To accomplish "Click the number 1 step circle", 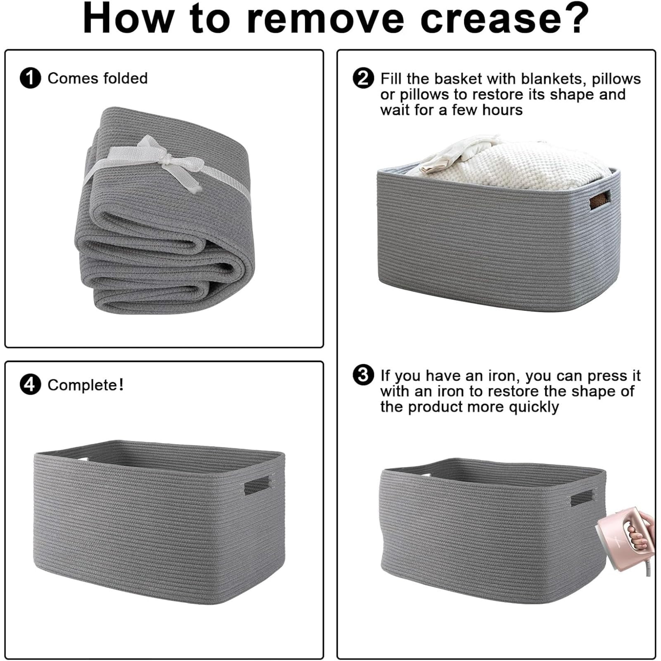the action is pos(30,78).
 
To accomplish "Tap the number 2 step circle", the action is pos(363,78).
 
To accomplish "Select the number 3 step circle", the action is pos(363,375).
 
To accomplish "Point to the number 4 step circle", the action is pos(30,385).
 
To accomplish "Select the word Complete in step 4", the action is pos(82,385).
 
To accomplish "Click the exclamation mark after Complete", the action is pos(121,384).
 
